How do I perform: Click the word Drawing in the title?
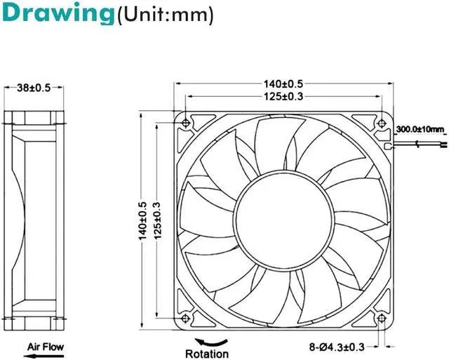click(x=56, y=14)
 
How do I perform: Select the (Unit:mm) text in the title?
click(x=164, y=15)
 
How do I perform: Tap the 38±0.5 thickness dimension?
click(x=32, y=88)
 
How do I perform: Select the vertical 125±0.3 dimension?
click(x=156, y=218)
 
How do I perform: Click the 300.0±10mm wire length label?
click(x=420, y=129)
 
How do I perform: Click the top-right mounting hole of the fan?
click(x=381, y=122)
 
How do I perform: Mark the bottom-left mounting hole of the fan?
click(x=185, y=319)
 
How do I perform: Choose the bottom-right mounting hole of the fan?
click(x=381, y=319)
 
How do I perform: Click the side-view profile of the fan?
click(x=32, y=218)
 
